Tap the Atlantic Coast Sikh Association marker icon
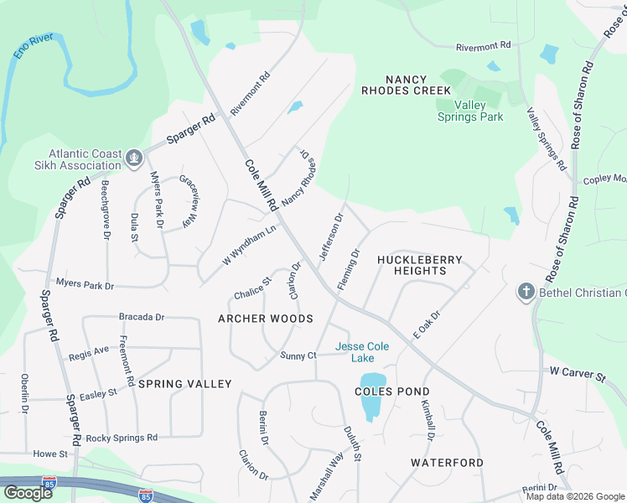pos(133,158)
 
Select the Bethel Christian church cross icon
pos(526,292)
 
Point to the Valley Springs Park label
pos(470,111)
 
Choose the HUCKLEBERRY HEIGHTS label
pos(419,265)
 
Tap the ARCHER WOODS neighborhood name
pos(266,319)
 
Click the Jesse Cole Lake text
pos(362,352)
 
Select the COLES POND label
pos(391,392)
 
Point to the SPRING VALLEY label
pos(184,384)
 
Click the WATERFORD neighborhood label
pos(447,463)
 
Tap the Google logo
pos(28,492)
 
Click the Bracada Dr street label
pos(142,318)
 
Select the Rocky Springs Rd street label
pos(122,438)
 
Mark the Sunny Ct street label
pos(298,356)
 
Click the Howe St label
pos(50,454)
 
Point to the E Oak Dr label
pos(426,324)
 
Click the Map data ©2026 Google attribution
pos(575,496)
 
